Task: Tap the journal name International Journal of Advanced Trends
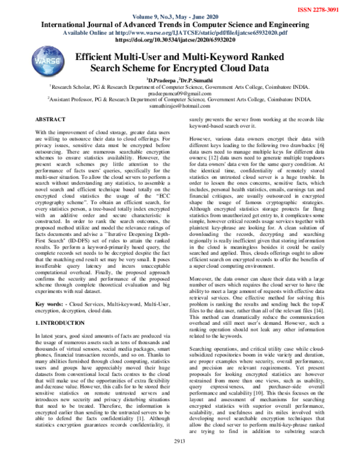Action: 180,25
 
